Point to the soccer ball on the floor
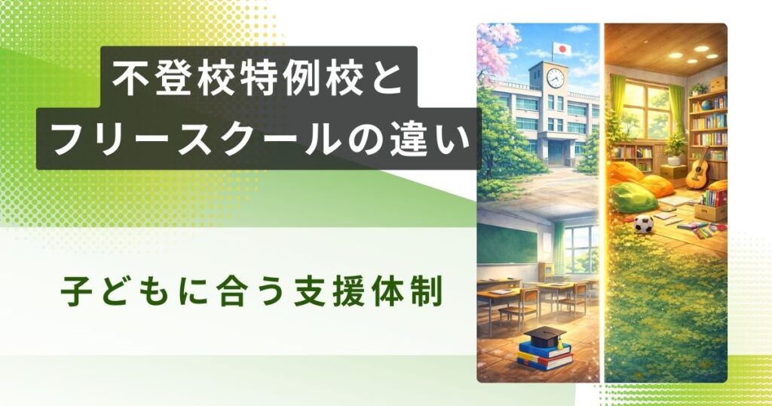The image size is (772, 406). (642, 224)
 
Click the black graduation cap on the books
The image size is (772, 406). (545, 335)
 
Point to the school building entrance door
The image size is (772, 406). (555, 153)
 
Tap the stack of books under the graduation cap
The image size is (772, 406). (544, 355)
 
